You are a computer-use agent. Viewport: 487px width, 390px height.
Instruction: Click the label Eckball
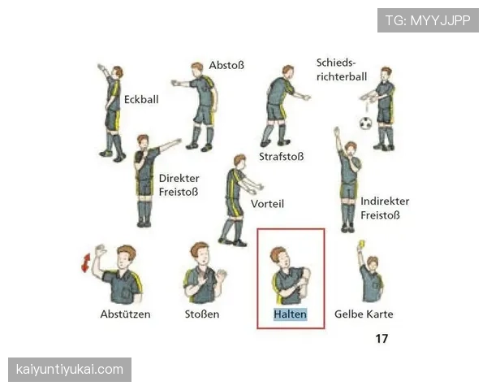coord(141,99)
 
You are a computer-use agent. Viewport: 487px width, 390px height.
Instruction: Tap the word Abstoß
coord(226,65)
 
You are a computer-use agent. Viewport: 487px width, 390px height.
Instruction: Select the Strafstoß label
coord(282,157)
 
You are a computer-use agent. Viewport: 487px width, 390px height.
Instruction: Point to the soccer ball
coord(365,123)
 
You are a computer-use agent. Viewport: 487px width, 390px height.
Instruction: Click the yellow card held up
coord(361,244)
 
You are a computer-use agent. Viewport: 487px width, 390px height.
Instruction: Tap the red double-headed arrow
coord(86,262)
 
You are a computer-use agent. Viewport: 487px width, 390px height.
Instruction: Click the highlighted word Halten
coord(290,314)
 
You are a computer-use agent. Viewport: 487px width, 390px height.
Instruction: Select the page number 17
coord(381,338)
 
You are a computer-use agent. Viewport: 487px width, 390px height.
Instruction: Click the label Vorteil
coord(267,204)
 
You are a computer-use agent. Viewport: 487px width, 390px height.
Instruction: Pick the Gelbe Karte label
coord(364,314)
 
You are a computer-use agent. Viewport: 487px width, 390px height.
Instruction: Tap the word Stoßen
coord(202,314)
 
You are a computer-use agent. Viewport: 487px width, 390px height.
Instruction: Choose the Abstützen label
coord(125,314)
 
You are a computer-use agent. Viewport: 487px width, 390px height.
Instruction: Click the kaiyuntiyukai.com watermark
coord(70,370)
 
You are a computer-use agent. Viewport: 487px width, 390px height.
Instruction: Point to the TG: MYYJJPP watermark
coord(428,20)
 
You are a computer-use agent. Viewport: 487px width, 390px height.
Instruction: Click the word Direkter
coord(179,179)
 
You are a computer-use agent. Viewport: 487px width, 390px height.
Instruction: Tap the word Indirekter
coord(385,201)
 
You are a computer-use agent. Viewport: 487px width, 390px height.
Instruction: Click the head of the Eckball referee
coord(118,72)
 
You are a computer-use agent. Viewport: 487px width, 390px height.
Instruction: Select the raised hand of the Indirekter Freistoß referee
coord(337,132)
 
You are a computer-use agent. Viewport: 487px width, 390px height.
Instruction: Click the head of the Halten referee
coord(279,257)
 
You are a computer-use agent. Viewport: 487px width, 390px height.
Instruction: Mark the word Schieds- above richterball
coord(336,63)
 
